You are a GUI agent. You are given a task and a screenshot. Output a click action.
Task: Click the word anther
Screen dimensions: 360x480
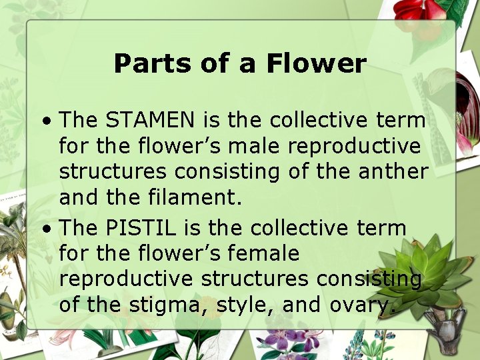(393, 171)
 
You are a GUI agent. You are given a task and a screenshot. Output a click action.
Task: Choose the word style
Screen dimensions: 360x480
(247, 305)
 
